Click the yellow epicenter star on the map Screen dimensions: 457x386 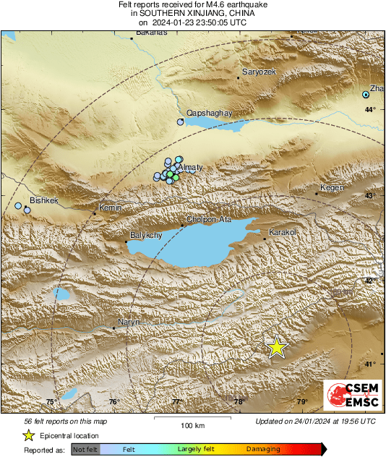(276, 347)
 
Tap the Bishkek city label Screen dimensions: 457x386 (43, 200)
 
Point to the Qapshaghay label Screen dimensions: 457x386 (208, 114)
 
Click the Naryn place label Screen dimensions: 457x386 (128, 322)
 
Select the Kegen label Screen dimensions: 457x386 (332, 187)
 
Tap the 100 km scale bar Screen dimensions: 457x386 (193, 418)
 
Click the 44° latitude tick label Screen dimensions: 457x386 (370, 109)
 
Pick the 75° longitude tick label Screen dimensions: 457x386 (51, 402)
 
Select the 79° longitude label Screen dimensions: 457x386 (302, 402)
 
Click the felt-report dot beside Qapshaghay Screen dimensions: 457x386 (181, 122)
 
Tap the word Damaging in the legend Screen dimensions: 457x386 (263, 449)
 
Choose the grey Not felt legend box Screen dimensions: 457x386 (86, 449)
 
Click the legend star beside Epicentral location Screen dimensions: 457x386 (28, 435)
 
